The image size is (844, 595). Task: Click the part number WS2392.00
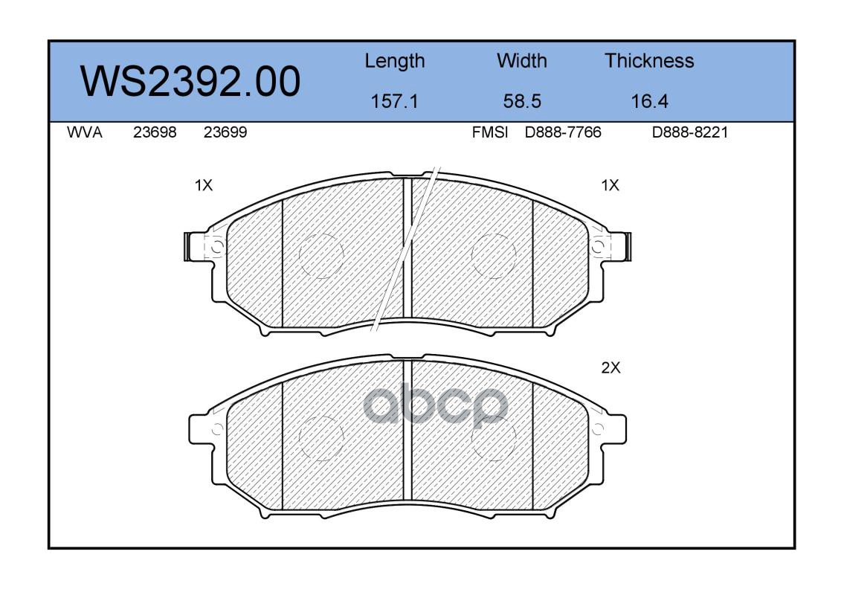click(190, 82)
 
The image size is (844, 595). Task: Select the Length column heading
click(395, 62)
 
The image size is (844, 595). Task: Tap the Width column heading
click(521, 61)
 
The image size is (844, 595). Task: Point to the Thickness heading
click(649, 61)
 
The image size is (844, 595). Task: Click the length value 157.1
click(395, 101)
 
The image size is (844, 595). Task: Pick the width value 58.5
click(522, 101)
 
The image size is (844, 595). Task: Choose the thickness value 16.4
click(650, 101)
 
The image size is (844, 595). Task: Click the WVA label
click(85, 132)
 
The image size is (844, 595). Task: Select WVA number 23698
click(155, 132)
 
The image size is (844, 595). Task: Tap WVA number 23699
click(225, 132)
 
